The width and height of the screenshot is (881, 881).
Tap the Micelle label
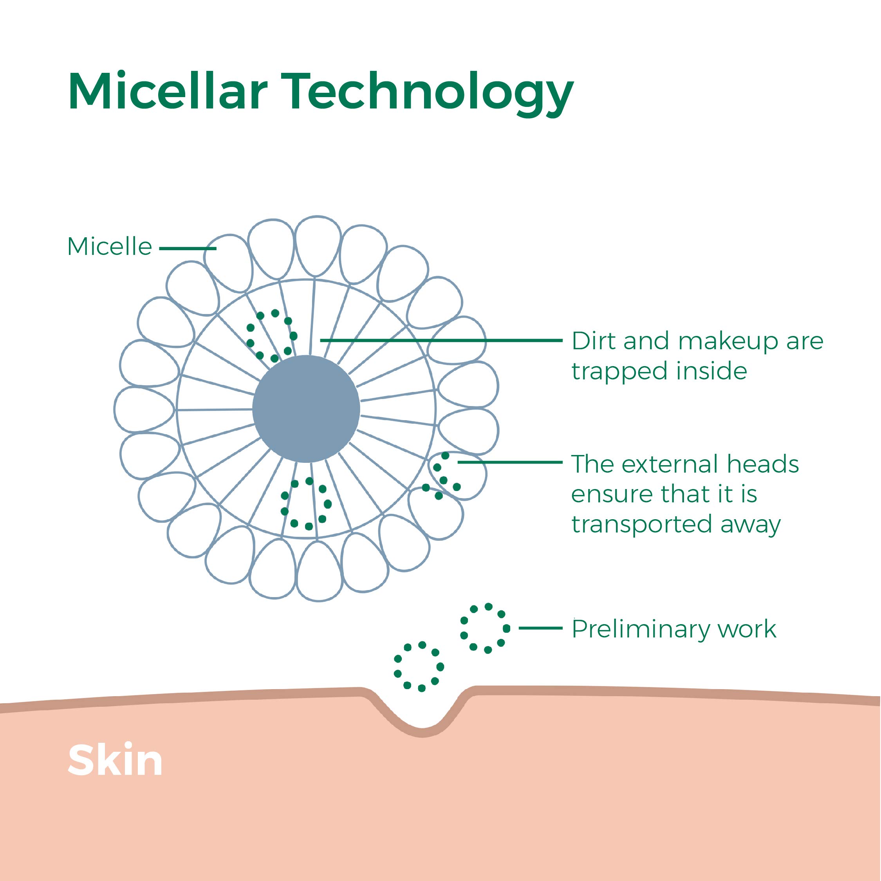coord(110,247)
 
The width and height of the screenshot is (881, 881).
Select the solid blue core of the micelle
coord(306,408)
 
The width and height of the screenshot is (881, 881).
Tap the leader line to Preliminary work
coord(540,628)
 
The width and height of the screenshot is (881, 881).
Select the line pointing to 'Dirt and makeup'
coord(440,340)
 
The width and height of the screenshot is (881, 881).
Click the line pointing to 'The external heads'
coord(509,462)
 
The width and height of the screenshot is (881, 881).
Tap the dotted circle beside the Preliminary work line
coord(485,628)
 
